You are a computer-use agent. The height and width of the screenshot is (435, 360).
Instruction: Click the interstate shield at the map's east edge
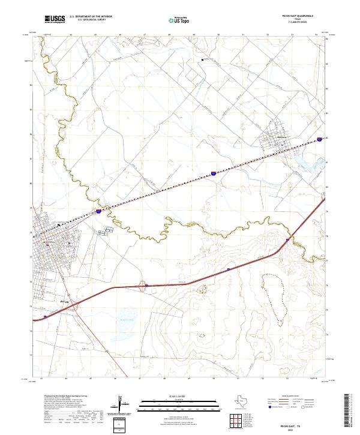(x=320, y=139)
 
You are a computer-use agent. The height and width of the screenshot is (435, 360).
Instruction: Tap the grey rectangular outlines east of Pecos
(x=106, y=230)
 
